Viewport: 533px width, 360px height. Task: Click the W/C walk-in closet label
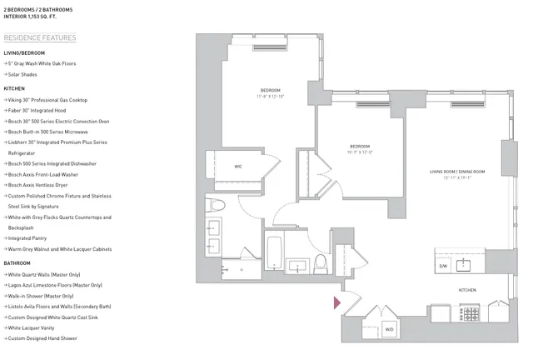[x=237, y=165]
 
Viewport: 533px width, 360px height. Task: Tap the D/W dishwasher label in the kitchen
[x=442, y=267]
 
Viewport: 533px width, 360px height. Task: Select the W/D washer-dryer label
[x=388, y=328]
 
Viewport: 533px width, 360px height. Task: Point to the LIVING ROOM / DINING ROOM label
[x=457, y=172]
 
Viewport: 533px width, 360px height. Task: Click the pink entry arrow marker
[x=337, y=303]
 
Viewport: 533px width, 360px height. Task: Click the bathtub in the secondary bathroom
[x=275, y=253]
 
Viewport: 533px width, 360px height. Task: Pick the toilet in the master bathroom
[x=216, y=205]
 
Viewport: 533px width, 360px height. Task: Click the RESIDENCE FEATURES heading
[x=39, y=37]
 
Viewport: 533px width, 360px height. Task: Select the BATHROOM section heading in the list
[x=17, y=263]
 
